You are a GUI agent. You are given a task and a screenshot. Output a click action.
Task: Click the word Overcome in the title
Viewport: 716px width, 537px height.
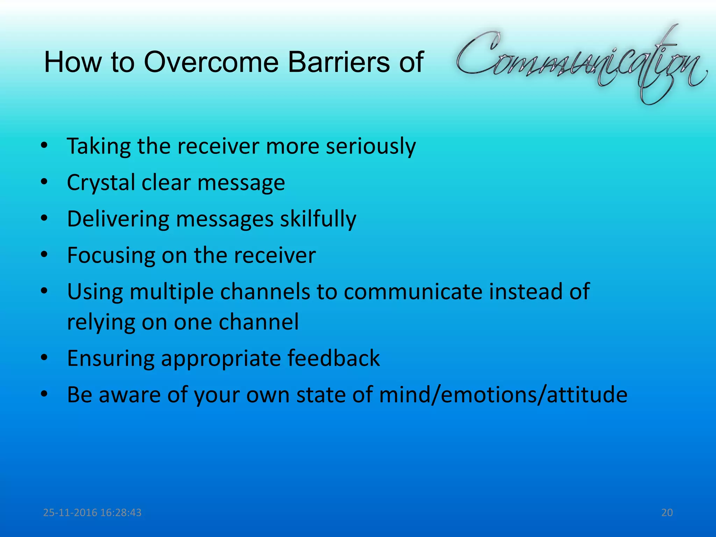tap(211, 62)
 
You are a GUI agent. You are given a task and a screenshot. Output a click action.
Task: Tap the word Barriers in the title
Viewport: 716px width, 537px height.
tap(339, 62)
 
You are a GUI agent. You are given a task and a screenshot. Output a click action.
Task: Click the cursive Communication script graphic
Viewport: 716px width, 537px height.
tap(580, 63)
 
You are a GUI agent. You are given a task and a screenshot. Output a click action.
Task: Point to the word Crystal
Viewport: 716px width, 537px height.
tap(101, 183)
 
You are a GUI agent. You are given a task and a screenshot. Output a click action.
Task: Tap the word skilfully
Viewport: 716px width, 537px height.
tap(318, 219)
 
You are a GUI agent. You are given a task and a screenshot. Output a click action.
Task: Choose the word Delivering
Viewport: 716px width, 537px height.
tap(118, 219)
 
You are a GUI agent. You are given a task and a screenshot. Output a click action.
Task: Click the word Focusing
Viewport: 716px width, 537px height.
tap(111, 255)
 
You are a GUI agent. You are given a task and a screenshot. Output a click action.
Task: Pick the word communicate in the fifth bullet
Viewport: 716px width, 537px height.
tap(413, 292)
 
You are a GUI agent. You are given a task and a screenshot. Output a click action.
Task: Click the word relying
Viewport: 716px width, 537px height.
tap(101, 322)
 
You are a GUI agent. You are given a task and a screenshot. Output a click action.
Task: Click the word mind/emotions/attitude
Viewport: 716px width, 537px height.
tap(503, 395)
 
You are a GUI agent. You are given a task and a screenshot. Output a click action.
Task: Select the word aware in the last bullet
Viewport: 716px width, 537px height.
tap(130, 395)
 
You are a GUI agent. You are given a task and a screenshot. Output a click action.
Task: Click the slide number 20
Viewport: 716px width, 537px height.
tap(667, 513)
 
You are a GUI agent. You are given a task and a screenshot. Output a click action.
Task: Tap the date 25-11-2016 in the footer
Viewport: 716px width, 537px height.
tap(70, 513)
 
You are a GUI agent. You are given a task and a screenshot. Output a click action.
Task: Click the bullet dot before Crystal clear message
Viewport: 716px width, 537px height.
tap(44, 182)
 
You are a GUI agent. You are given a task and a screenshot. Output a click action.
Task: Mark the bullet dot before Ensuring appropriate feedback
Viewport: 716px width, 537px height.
tap(44, 358)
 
